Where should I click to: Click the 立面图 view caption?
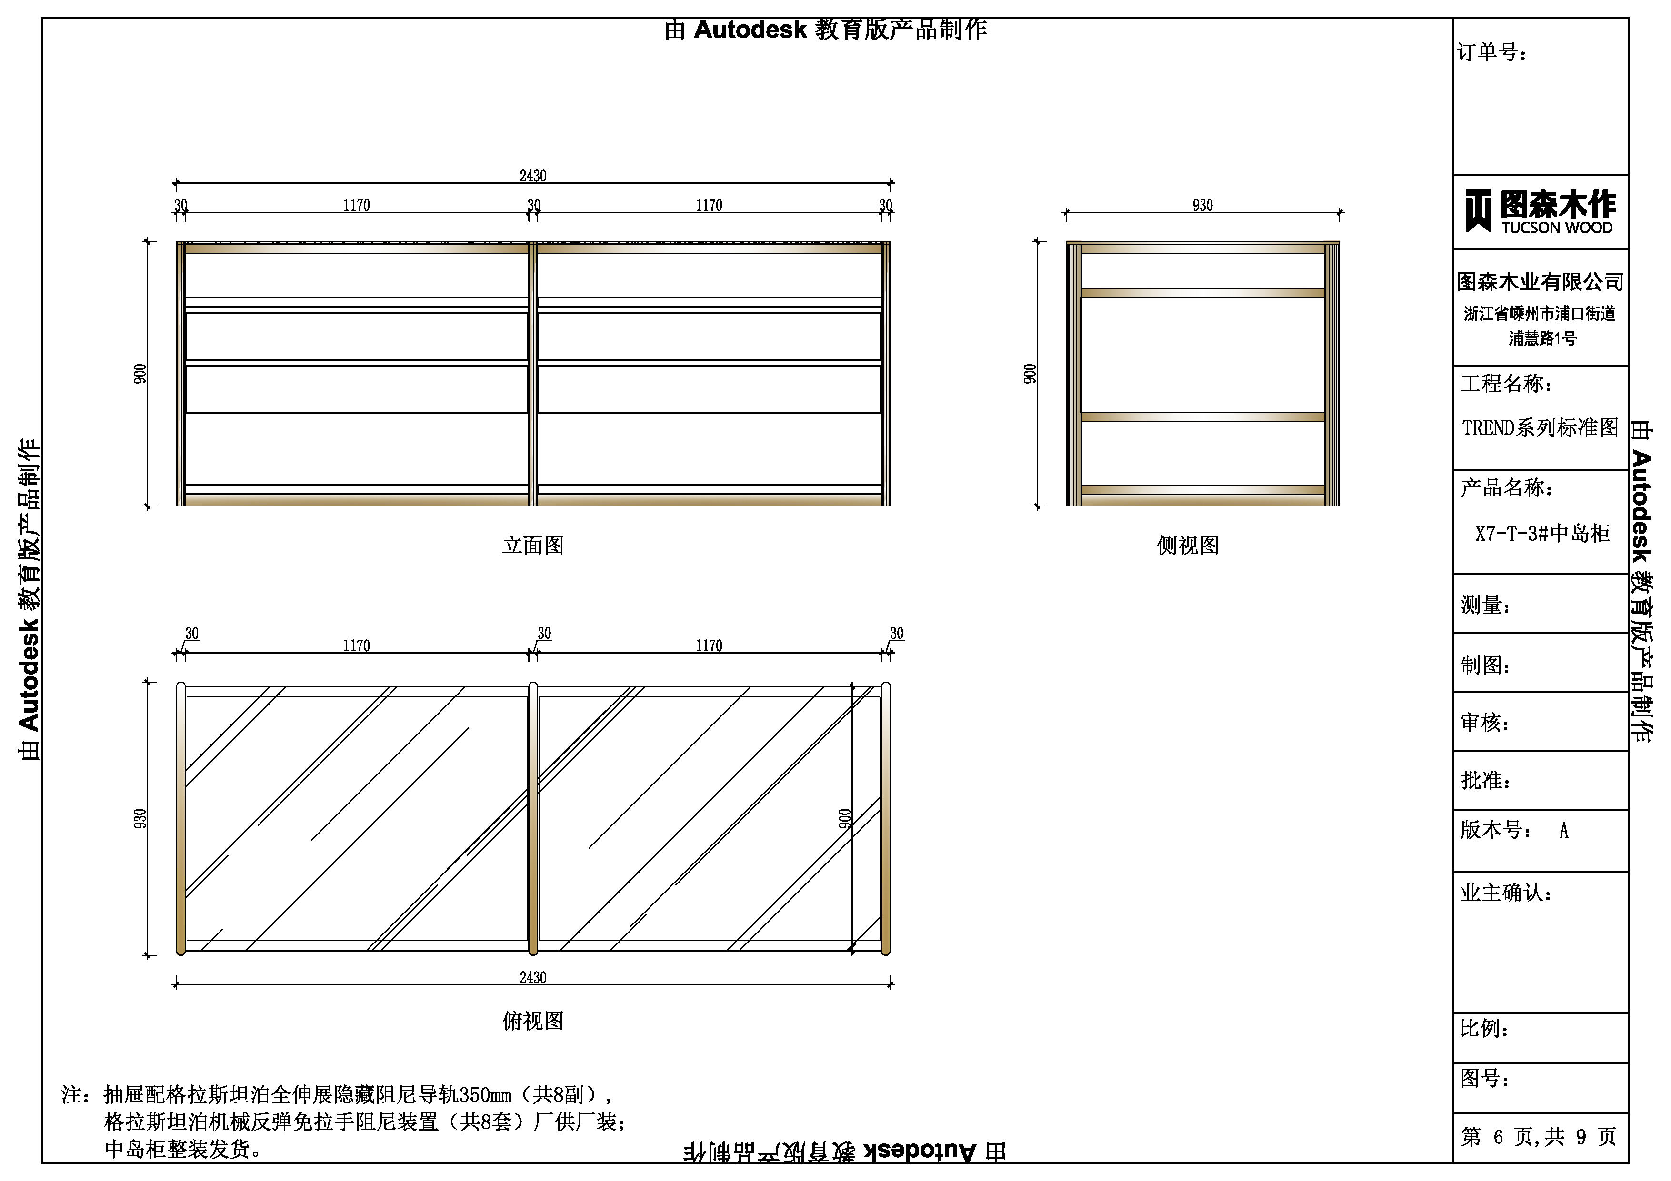point(533,546)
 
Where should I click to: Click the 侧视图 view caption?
point(1188,546)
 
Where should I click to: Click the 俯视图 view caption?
point(533,1021)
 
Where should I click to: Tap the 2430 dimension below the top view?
point(533,977)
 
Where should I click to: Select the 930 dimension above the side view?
point(1202,205)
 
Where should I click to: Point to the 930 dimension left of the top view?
point(140,819)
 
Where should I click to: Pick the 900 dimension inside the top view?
point(844,819)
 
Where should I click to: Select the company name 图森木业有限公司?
point(1541,282)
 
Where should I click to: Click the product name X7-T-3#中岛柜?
point(1542,534)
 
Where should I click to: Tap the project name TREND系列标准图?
point(1540,427)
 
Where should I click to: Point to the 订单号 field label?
point(1492,52)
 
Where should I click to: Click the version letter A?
point(1563,830)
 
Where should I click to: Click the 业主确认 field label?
point(1506,892)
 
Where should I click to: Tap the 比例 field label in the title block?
point(1485,1028)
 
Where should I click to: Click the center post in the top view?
point(533,819)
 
